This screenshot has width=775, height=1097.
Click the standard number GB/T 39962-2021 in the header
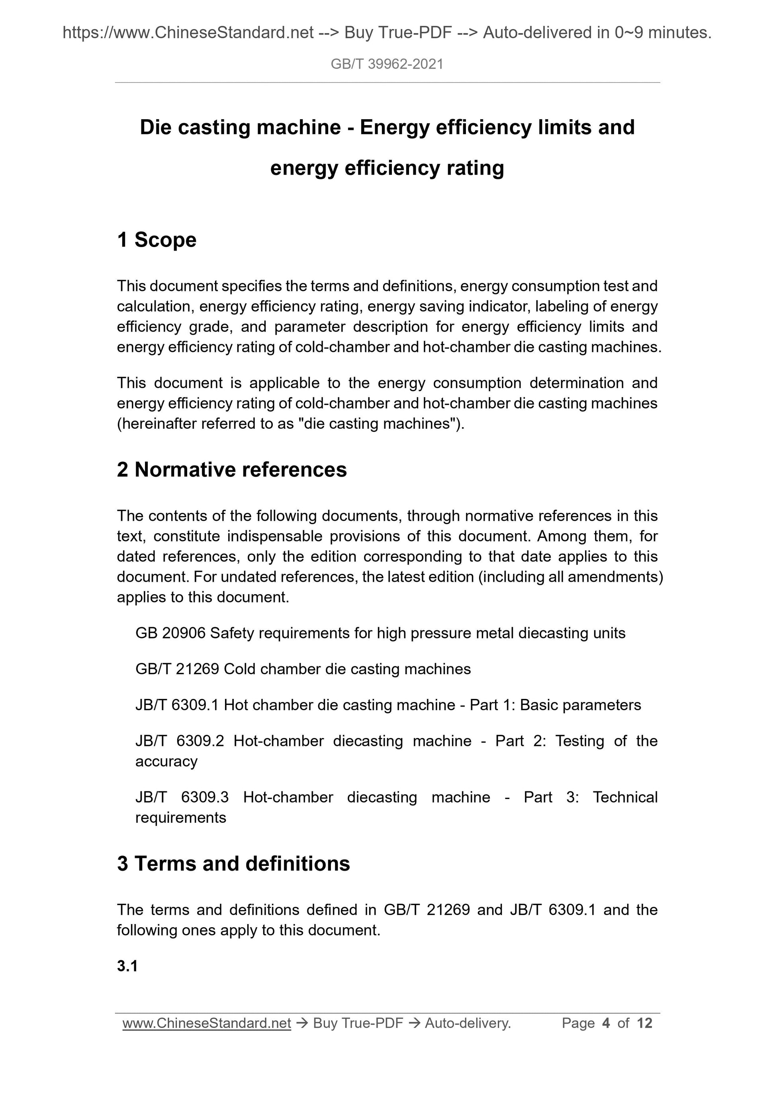point(387,64)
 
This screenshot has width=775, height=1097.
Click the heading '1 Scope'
point(157,239)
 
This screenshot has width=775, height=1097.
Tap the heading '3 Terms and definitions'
point(233,863)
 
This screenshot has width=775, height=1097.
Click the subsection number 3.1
point(127,966)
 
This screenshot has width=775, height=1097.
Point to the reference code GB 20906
point(170,633)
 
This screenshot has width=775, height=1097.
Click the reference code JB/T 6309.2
point(180,741)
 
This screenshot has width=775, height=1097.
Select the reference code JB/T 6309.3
point(182,797)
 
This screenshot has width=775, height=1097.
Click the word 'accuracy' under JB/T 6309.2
point(166,761)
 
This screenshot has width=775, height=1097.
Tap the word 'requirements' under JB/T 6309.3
point(180,818)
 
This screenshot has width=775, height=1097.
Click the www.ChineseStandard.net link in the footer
point(207,1023)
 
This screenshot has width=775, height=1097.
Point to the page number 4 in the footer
point(607,1023)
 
